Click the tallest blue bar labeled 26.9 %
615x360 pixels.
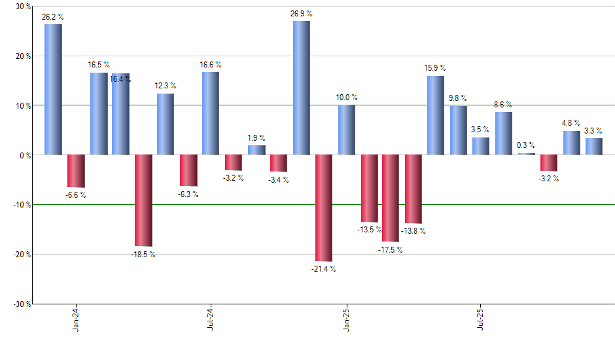[x=301, y=88]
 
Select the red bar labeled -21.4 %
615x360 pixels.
[x=324, y=207]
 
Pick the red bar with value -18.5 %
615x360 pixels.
[x=143, y=200]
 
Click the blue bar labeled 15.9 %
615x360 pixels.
[x=436, y=115]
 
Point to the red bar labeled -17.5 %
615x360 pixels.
[x=391, y=198]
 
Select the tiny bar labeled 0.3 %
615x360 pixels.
[x=526, y=154]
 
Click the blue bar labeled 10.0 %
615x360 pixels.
[x=347, y=130]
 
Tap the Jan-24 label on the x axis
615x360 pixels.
[x=77, y=318]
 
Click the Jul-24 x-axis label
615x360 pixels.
[x=211, y=318]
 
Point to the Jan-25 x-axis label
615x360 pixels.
[x=347, y=318]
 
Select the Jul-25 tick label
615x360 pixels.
[x=482, y=318]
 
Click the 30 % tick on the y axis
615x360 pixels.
[x=22, y=7]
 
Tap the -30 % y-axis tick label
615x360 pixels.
[x=21, y=304]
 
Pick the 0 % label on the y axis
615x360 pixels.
[x=24, y=155]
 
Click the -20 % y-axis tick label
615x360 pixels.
[x=21, y=254]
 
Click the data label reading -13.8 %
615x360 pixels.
[x=413, y=230]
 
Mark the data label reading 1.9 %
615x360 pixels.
[x=256, y=138]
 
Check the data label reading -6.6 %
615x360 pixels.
[x=75, y=194]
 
